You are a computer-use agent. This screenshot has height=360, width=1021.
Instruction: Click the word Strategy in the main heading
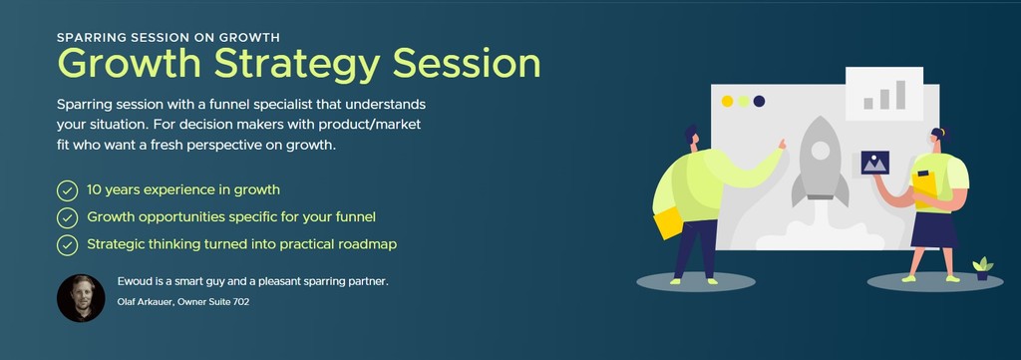click(296, 65)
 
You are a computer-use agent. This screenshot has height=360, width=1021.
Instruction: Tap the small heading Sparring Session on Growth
click(168, 37)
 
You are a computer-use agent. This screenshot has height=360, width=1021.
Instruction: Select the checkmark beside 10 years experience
click(67, 190)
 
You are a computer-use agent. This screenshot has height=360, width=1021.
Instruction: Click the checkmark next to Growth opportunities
click(67, 218)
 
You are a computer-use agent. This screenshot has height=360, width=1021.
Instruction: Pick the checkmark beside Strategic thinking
click(67, 245)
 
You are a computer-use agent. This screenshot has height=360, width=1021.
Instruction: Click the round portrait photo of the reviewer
click(81, 298)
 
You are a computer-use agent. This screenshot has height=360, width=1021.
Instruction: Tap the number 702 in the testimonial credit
click(241, 302)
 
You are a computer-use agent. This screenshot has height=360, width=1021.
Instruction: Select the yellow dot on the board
click(727, 101)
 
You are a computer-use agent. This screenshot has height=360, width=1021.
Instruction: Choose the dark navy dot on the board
click(759, 101)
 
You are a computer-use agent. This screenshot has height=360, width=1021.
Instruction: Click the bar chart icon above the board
click(884, 95)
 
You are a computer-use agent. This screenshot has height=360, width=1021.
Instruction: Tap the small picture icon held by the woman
click(874, 163)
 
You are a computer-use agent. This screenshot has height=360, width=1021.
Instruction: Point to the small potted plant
click(982, 269)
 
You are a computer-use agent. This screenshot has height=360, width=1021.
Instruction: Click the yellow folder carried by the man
click(668, 223)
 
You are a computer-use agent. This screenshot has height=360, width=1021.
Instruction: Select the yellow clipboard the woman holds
click(924, 188)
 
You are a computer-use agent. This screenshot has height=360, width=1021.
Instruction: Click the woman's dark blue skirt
click(934, 229)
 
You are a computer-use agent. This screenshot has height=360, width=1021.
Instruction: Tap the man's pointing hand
click(780, 144)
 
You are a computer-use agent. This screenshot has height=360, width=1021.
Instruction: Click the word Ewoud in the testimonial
click(134, 282)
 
